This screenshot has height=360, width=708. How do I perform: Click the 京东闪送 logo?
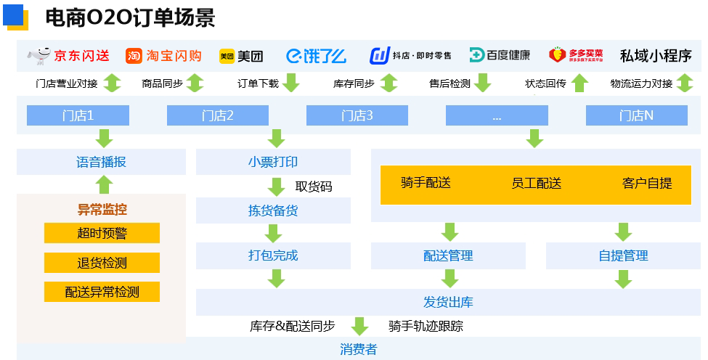click(68, 55)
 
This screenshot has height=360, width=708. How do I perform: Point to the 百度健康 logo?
click(500, 55)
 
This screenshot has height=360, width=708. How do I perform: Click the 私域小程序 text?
click(655, 55)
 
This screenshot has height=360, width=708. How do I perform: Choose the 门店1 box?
click(78, 115)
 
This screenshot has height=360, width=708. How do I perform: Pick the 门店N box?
click(636, 115)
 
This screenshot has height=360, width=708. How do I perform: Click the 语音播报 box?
click(101, 162)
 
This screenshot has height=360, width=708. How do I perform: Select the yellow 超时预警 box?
click(101, 233)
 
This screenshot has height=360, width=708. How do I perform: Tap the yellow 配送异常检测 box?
click(101, 292)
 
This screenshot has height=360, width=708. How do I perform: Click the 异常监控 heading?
click(102, 210)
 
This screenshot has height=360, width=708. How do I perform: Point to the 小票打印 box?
click(273, 162)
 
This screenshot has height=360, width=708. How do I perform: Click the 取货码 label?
click(314, 187)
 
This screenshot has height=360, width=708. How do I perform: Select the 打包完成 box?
click(273, 255)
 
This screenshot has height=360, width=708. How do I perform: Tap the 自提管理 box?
click(623, 255)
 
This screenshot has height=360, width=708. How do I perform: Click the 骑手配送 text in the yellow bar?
click(426, 183)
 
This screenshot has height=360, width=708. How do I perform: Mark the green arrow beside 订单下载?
click(291, 83)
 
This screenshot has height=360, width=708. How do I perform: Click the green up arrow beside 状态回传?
click(579, 83)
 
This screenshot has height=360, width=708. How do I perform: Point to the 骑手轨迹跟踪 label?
click(426, 326)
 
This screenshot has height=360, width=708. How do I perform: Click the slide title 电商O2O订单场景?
click(130, 17)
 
